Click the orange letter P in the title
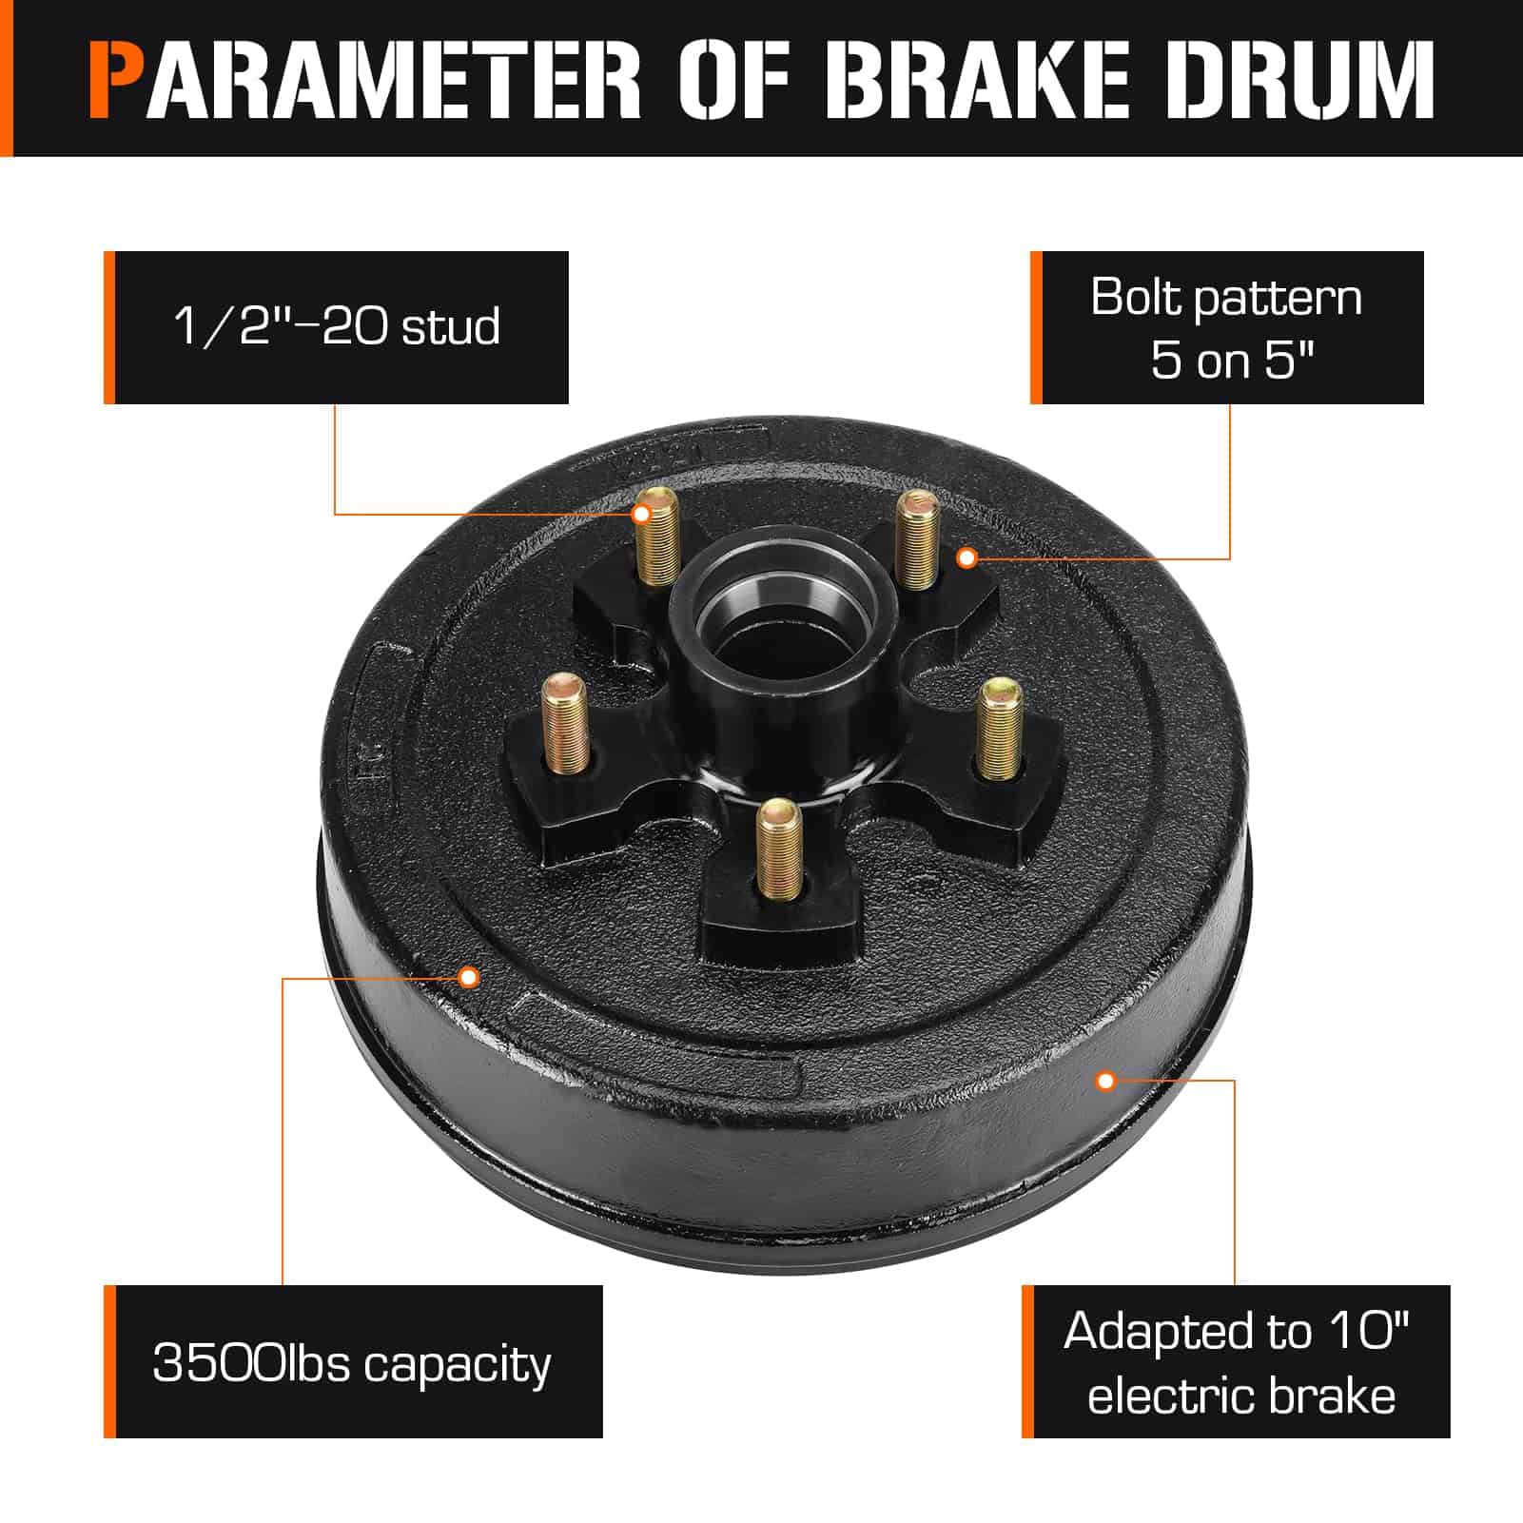click(117, 79)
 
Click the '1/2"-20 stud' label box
click(336, 327)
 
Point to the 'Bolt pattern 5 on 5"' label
click(1227, 327)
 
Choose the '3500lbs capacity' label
click(353, 1361)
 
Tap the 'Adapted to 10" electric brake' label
click(1236, 1361)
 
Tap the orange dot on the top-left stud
click(642, 515)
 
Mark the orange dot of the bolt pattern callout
click(967, 558)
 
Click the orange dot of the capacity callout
click(468, 977)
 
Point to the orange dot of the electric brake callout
click(1105, 1081)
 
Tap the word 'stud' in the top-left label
click(451, 327)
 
